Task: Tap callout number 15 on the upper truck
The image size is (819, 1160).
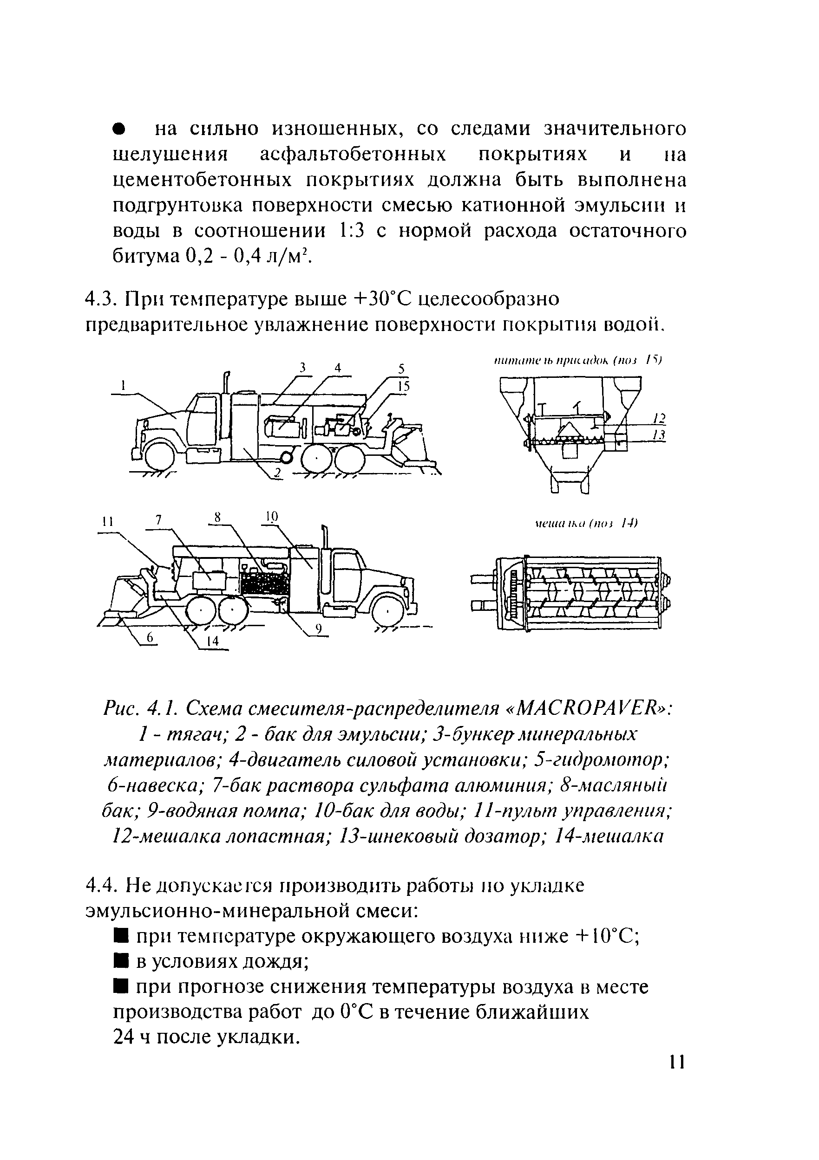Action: click(402, 387)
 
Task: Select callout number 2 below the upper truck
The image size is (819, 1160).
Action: click(277, 473)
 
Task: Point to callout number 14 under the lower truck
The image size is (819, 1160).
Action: click(213, 641)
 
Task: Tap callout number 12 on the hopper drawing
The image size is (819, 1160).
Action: click(659, 418)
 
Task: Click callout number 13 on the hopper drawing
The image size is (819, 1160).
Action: click(659, 435)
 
